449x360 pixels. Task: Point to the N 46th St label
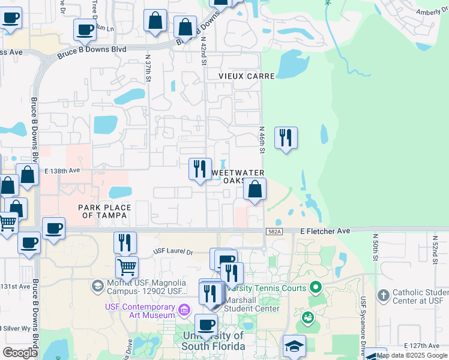coord(262,139)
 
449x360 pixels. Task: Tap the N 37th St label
coord(148,67)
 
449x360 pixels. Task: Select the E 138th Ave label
coord(62,170)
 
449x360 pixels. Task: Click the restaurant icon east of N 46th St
coord(286,138)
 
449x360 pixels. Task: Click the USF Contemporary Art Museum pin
coord(184,310)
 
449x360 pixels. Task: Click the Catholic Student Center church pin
coord(384,295)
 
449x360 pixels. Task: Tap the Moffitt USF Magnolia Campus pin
coord(97,286)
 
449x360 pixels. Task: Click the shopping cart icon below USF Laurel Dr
coord(127,266)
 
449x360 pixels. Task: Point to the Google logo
coord(20,353)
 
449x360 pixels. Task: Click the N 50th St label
coord(376,247)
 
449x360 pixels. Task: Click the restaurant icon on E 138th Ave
coord(200,168)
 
